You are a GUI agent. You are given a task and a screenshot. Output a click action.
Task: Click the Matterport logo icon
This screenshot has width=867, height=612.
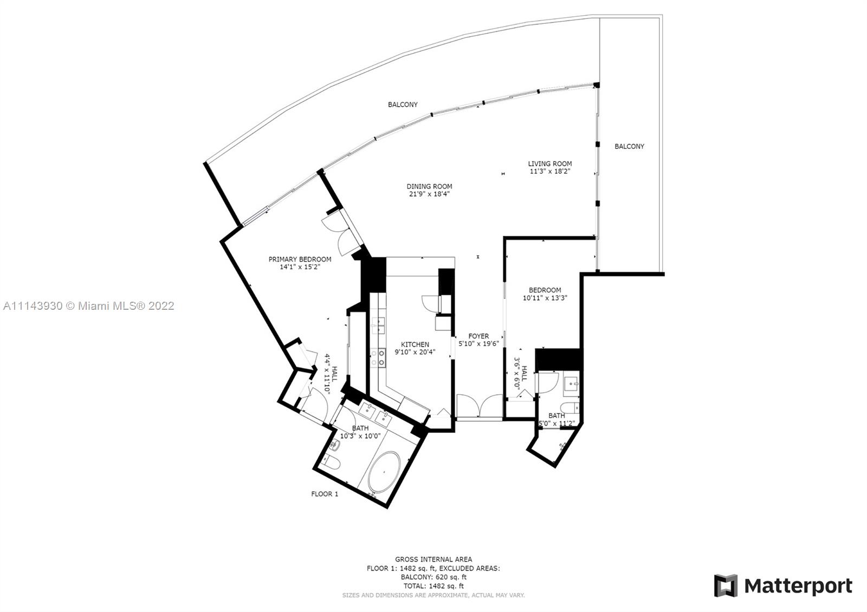click(x=726, y=585)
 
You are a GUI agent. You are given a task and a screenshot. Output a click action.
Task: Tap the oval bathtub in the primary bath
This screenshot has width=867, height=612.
click(x=384, y=472)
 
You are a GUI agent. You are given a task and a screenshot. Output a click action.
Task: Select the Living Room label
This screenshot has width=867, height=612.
click(x=549, y=164)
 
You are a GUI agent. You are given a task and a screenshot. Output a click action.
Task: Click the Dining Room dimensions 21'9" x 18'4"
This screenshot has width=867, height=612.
click(x=429, y=194)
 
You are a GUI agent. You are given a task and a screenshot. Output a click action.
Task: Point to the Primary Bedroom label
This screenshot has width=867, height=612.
click(x=300, y=259)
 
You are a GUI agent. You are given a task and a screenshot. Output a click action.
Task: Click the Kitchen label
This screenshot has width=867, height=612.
click(x=415, y=344)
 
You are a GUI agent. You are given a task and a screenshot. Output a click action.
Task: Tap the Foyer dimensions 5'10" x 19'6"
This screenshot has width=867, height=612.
click(x=479, y=343)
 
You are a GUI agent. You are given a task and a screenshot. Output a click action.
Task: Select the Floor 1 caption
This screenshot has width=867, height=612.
click(x=325, y=494)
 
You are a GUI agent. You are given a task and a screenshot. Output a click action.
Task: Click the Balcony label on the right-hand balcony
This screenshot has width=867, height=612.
click(x=629, y=146)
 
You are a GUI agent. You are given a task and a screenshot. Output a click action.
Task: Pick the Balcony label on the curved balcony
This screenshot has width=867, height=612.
click(x=403, y=105)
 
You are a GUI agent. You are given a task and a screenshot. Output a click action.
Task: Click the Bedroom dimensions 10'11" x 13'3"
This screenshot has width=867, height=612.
click(x=545, y=298)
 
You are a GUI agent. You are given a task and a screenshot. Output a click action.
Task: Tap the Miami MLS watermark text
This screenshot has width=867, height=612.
click(x=89, y=306)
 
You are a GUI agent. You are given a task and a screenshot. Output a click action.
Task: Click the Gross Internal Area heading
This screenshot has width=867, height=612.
click(x=433, y=559)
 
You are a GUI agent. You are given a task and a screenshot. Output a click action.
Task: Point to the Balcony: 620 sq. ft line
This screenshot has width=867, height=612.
click(x=433, y=577)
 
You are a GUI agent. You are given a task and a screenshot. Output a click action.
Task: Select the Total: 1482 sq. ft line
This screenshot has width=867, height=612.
click(x=433, y=586)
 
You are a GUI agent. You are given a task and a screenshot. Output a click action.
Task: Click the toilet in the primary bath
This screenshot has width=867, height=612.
click(x=332, y=461)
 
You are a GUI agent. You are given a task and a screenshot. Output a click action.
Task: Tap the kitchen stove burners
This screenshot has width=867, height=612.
click(x=378, y=358)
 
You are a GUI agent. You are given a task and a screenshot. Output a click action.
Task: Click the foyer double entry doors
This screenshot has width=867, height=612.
click(x=480, y=406)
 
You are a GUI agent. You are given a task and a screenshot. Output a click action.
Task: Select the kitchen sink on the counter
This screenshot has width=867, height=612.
click(x=378, y=325)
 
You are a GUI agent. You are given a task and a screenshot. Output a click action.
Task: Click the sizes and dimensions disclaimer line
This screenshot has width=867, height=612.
click(x=433, y=595)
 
